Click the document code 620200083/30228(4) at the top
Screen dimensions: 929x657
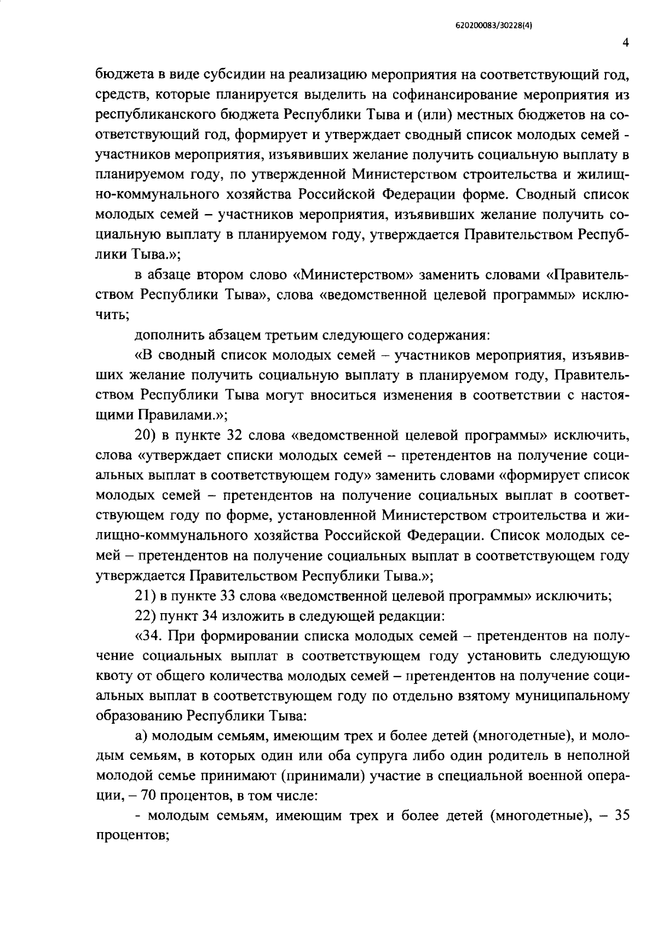tap(494, 25)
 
